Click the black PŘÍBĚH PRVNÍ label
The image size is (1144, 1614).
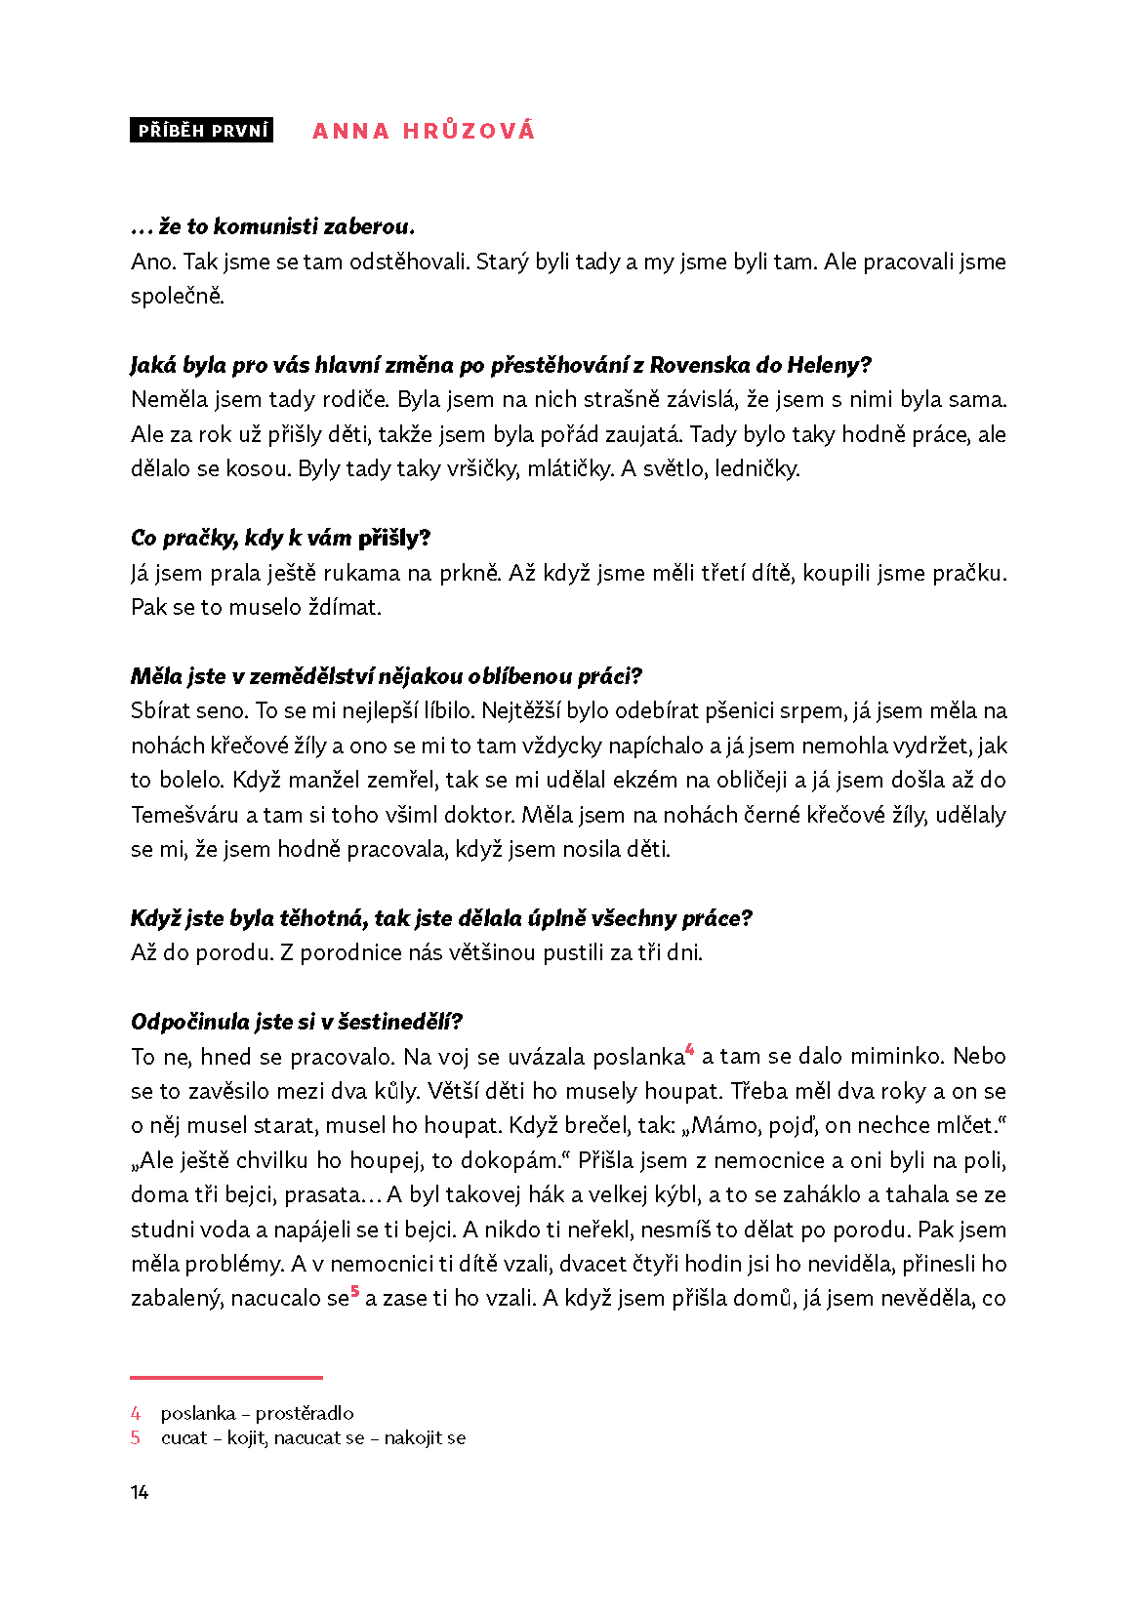click(x=202, y=131)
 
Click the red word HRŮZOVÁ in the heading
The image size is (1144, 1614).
click(x=469, y=131)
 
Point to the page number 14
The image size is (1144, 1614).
click(x=140, y=1492)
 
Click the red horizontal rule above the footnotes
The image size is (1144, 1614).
click(x=226, y=1378)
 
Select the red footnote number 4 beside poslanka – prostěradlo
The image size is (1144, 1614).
click(x=136, y=1413)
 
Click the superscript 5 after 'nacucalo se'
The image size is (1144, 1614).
click(x=355, y=1292)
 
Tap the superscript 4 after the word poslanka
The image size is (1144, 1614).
click(x=690, y=1050)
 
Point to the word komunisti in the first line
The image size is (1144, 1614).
click(x=265, y=226)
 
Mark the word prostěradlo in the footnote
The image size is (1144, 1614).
click(x=305, y=1413)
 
